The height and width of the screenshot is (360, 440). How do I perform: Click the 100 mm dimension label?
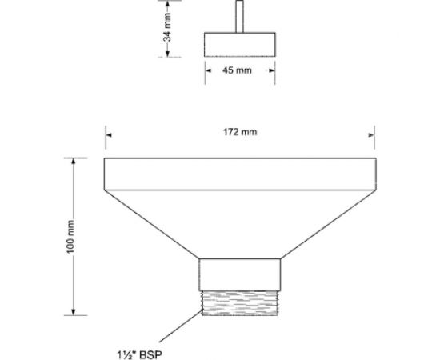[x=71, y=236]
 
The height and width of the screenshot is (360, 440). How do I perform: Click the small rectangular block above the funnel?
[x=240, y=43]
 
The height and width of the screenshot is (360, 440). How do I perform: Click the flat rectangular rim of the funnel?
[x=240, y=174]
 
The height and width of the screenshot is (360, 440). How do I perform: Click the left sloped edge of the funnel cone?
[x=153, y=224]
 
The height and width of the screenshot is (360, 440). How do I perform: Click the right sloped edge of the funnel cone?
[x=327, y=224]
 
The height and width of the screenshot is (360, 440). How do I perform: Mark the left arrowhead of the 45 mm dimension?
[x=208, y=70]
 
